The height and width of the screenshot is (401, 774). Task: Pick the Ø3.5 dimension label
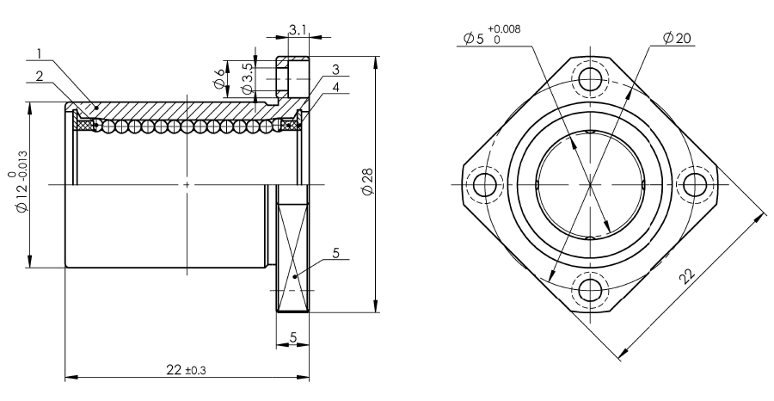pos(246,78)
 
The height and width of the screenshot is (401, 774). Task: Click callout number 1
pos(40,53)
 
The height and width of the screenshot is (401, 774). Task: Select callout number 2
pos(40,75)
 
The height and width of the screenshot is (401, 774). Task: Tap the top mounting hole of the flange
pos(590,79)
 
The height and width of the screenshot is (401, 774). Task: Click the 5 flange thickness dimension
pos(293,338)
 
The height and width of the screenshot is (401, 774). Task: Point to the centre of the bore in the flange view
pos(590,183)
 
